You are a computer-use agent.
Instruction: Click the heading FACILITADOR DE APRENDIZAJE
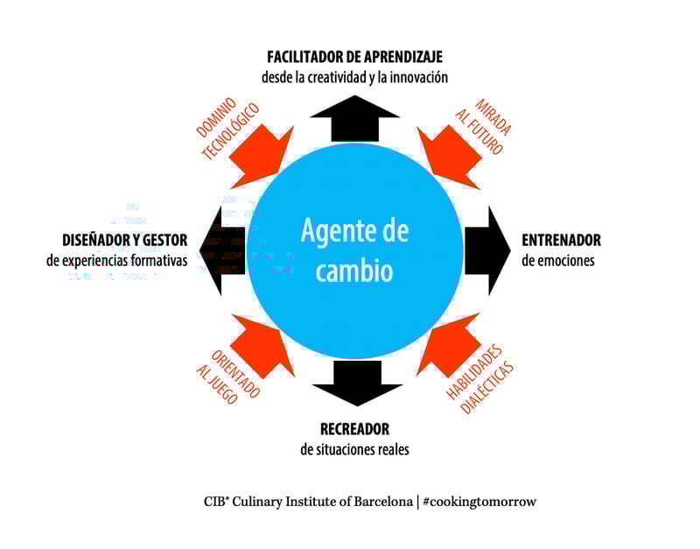(x=354, y=57)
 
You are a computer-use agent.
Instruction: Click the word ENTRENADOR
(x=561, y=240)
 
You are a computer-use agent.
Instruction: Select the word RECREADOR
(x=354, y=429)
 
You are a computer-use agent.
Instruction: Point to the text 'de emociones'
(x=557, y=261)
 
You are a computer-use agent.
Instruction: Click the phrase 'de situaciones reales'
(x=354, y=450)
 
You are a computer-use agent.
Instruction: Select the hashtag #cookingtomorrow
(x=479, y=502)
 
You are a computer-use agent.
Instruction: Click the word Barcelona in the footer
(x=381, y=502)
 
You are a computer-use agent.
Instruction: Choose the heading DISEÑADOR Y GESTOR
(x=125, y=240)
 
